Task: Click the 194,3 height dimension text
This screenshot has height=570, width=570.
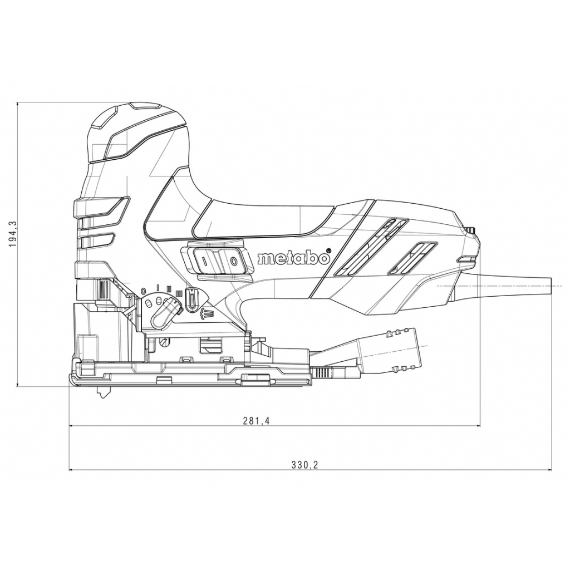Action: (13, 233)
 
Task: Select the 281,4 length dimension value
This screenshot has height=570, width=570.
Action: (256, 421)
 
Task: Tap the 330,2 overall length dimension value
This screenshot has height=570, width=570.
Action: (304, 465)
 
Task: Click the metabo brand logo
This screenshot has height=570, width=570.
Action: (293, 258)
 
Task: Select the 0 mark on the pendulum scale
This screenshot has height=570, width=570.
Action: (143, 292)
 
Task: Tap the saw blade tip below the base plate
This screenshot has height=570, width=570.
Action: (102, 392)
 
